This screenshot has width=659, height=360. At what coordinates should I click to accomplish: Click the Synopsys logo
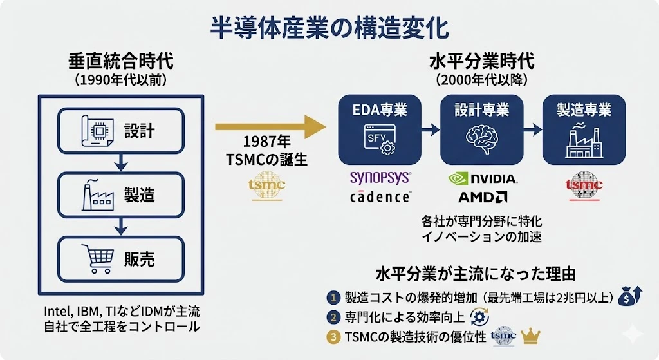pyautogui.click(x=380, y=178)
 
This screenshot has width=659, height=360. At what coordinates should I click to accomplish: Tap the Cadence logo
pyautogui.click(x=380, y=197)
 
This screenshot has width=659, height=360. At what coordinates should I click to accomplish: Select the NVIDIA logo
pyautogui.click(x=483, y=179)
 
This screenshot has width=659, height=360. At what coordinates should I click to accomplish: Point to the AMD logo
pyautogui.click(x=483, y=197)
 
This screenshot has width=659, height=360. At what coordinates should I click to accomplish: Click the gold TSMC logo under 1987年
pyautogui.click(x=266, y=185)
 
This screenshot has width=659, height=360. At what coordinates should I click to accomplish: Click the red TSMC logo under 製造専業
pyautogui.click(x=584, y=185)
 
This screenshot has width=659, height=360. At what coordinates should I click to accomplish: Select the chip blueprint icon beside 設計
pyautogui.click(x=98, y=131)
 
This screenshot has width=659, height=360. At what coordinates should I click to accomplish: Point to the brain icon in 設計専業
pyautogui.click(x=482, y=140)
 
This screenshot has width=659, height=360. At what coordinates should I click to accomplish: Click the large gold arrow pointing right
pyautogui.click(x=271, y=127)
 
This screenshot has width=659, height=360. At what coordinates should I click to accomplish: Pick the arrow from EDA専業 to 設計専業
pyautogui.click(x=431, y=129)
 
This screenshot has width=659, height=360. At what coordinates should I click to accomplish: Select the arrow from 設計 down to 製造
pyautogui.click(x=121, y=162)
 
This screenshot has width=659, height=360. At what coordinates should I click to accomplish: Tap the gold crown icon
pyautogui.click(x=530, y=336)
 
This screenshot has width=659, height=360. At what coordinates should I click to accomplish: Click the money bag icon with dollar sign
pyautogui.click(x=630, y=296)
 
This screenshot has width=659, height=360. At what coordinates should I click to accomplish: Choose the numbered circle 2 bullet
pyautogui.click(x=333, y=317)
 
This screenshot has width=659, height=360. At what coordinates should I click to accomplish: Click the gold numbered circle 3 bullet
pyautogui.click(x=333, y=337)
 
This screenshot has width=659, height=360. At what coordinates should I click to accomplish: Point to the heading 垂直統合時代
pyautogui.click(x=121, y=61)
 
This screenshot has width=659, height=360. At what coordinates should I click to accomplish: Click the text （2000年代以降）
pyautogui.click(x=481, y=80)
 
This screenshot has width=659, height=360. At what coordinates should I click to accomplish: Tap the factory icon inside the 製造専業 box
pyautogui.click(x=584, y=140)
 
